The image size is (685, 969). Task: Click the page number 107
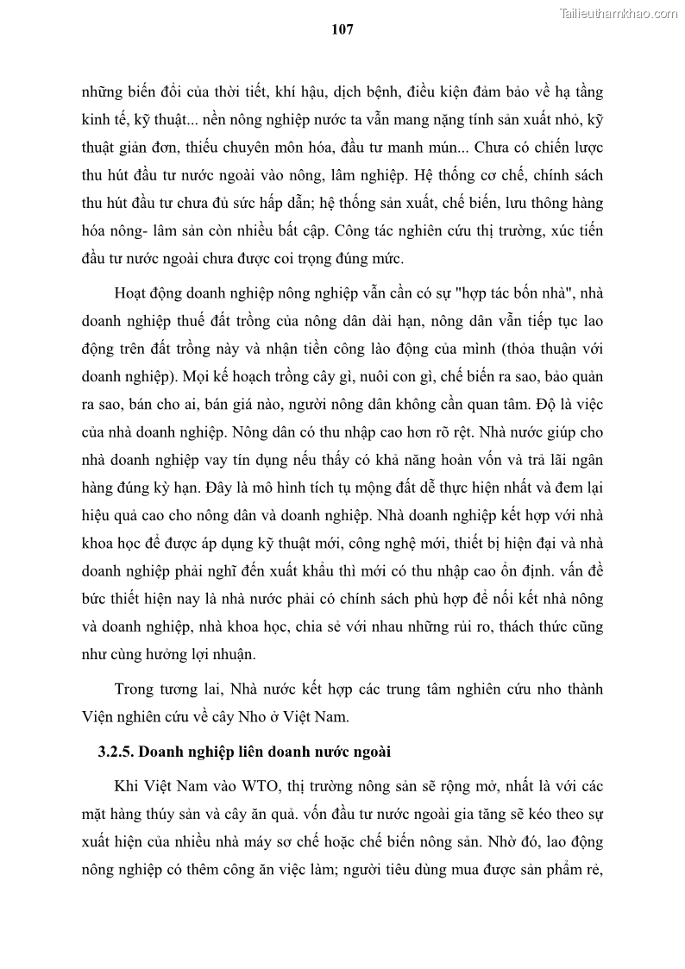(x=342, y=28)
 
